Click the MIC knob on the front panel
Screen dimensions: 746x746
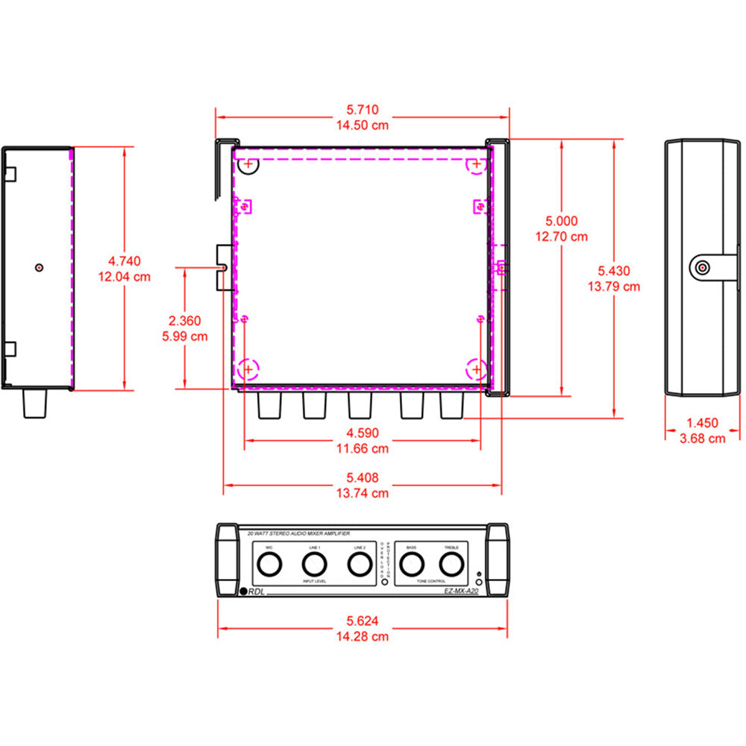(269, 566)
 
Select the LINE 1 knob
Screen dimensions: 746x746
(314, 566)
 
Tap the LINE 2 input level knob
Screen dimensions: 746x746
(360, 566)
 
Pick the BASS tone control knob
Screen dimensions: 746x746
(411, 566)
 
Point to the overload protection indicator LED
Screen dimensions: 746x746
(385, 580)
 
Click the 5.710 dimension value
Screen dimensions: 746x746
(362, 110)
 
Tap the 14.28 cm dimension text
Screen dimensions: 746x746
(362, 636)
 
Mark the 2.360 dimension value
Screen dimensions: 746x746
(184, 321)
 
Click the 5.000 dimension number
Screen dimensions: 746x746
(561, 221)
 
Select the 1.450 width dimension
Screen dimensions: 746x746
(702, 423)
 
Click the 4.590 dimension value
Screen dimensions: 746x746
(362, 433)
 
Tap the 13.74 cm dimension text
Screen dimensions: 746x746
(362, 493)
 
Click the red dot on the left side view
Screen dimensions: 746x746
(40, 266)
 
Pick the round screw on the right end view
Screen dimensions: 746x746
(701, 267)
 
